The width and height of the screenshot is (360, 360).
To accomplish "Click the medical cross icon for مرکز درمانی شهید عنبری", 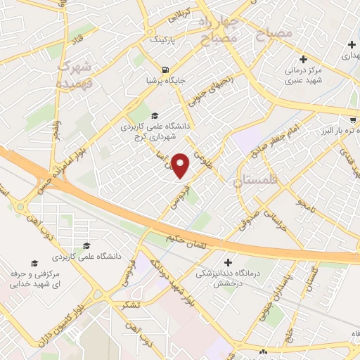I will [303, 59].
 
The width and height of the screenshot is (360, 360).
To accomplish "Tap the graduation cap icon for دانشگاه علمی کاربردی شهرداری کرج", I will [155, 116].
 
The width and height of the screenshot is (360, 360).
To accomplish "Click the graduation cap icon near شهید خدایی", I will [86, 246].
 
